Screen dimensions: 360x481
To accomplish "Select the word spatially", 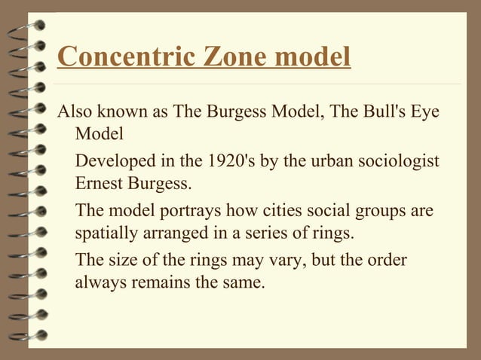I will pos(104,232).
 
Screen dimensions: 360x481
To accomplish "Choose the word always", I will pos(100,282).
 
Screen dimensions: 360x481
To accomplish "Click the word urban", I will pos(308,162).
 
